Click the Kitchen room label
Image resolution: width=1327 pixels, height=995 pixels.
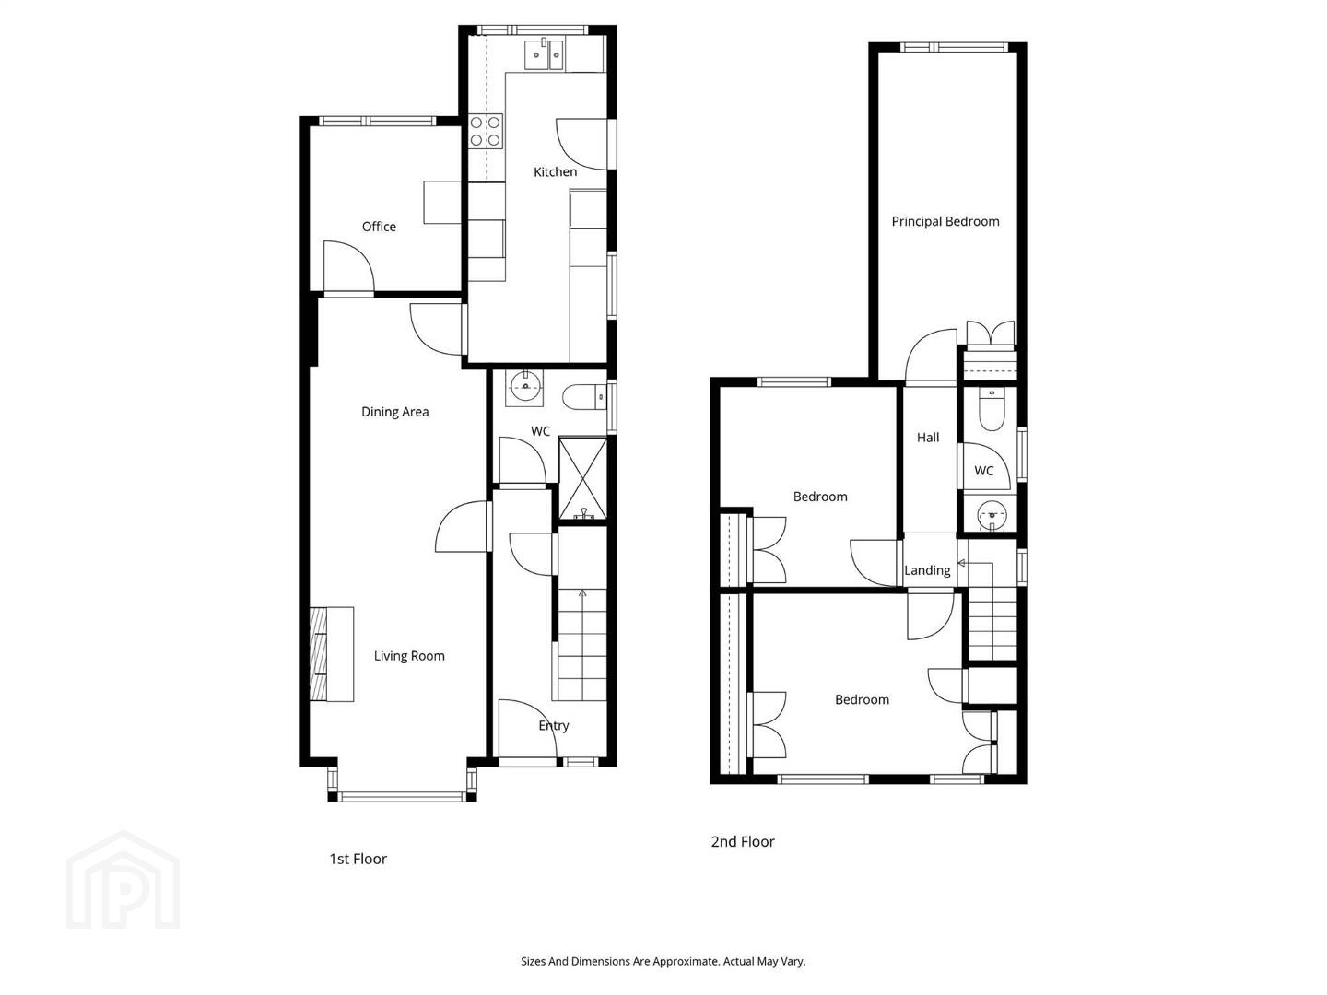click(555, 172)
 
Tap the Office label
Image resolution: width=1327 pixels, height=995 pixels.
click(379, 227)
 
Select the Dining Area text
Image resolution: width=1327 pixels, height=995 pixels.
click(394, 412)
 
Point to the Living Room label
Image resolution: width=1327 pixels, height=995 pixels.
click(409, 656)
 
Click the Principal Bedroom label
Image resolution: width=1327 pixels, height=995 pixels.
click(945, 222)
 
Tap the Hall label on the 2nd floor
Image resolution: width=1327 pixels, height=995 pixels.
click(928, 438)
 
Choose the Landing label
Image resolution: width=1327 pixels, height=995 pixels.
click(927, 571)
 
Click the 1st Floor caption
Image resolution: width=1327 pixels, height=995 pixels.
click(358, 859)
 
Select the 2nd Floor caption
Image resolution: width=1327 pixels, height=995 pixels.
click(743, 841)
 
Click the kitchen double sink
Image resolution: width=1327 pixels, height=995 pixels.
click(544, 54)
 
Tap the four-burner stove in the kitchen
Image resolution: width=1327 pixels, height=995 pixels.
click(486, 132)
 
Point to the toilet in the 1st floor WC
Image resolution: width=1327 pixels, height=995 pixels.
click(584, 397)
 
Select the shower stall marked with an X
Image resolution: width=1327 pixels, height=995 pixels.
click(582, 479)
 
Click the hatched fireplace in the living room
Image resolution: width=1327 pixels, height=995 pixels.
click(318, 654)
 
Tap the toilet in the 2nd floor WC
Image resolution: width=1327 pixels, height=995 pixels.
click(991, 409)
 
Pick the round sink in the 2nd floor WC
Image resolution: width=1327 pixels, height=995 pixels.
click(992, 515)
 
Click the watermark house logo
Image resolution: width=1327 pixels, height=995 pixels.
click(123, 880)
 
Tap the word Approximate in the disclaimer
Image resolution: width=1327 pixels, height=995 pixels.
click(687, 961)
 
